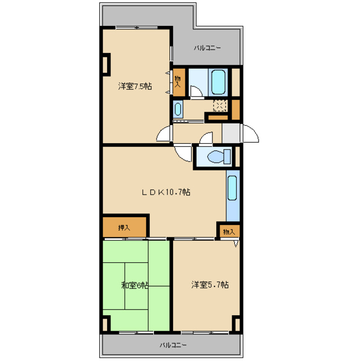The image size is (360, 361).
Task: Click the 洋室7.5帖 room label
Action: pos(135,86)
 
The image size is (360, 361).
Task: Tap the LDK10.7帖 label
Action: pos(166,192)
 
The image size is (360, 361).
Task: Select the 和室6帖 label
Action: pos(135,285)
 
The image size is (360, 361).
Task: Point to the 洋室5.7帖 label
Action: pos(210,285)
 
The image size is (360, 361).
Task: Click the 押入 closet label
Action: pos(124,228)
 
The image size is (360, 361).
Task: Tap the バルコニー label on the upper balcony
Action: pos(207,48)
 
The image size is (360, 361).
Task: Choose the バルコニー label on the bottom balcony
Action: pos(173,345)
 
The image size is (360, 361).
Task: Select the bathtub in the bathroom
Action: pos(218,82)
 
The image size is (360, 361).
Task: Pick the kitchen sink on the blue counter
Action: pos(232,188)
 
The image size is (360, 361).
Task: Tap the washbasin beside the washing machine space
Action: pos(177,109)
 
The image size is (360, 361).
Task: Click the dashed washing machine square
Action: pos(220,106)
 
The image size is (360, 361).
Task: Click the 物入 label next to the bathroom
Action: pos(177,81)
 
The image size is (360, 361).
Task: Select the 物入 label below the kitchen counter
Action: pos(229,232)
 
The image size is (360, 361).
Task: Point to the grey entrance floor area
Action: pos(231,133)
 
